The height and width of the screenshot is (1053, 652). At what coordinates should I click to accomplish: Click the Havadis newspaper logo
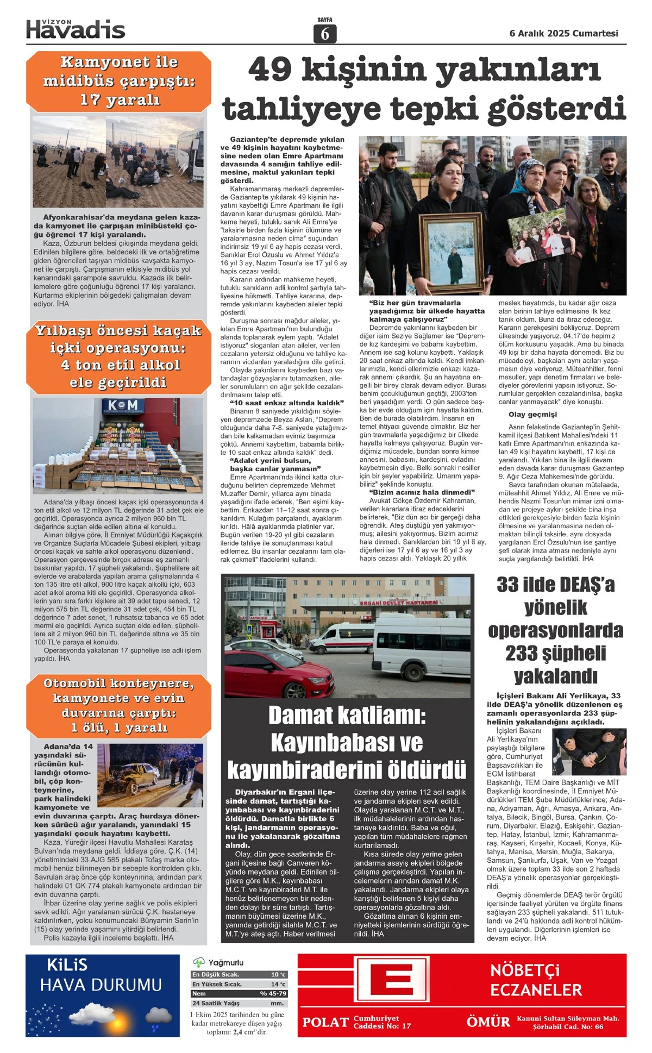76,29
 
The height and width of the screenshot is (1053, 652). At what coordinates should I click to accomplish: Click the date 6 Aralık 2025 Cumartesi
563,33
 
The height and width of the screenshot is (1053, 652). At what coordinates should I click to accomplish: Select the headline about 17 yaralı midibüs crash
120,81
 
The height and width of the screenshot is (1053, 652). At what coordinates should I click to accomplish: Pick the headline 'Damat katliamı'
347,742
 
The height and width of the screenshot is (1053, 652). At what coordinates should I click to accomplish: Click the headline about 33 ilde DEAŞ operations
555,630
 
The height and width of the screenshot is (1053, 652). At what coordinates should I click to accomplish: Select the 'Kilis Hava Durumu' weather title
101,976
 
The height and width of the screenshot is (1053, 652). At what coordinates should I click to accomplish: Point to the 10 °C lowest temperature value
278,974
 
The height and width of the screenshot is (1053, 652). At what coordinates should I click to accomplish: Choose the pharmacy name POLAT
325,1022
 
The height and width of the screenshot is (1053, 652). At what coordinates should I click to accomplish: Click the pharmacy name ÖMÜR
488,1022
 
